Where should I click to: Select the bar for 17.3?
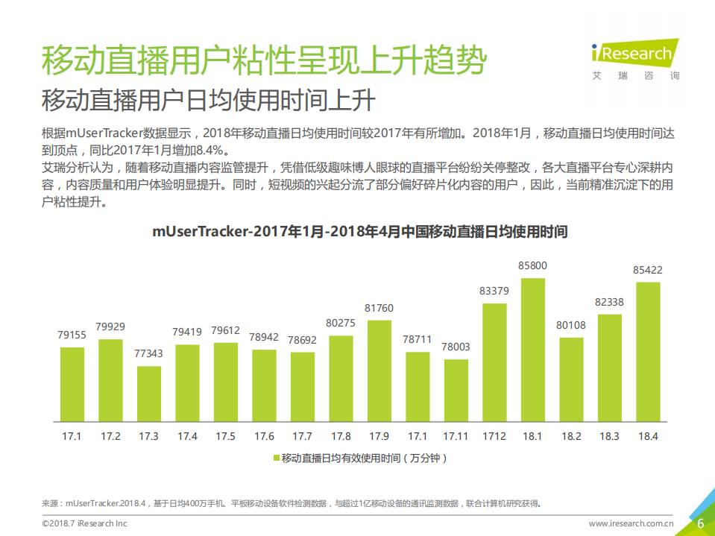(149, 393)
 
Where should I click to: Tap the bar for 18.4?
(648, 351)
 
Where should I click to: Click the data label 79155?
(72, 335)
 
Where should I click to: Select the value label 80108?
(571, 325)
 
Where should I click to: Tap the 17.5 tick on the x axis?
(226, 436)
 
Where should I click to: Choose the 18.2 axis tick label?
(571, 436)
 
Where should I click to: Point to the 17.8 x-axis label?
(341, 436)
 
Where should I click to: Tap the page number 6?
(700, 523)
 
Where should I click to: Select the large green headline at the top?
(263, 60)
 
